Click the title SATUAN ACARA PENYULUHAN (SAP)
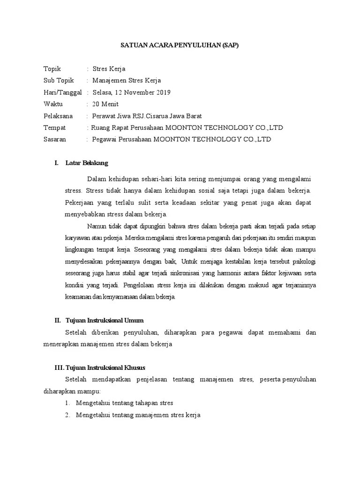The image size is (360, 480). point(180,45)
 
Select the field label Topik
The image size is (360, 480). point(52,69)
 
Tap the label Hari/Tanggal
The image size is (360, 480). point(62,92)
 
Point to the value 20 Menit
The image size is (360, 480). point(105,104)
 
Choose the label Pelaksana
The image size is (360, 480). point(58,116)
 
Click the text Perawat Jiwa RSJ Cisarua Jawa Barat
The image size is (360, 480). point(147,116)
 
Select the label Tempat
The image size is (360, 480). point(54,127)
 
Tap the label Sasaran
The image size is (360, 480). point(55,139)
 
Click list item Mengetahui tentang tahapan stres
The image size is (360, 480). point(125,403)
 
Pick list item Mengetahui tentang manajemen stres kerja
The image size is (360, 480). point(138,415)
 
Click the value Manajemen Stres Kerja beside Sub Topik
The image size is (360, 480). point(127,81)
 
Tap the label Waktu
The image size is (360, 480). point(53,104)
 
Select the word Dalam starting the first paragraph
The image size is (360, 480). point(97,179)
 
